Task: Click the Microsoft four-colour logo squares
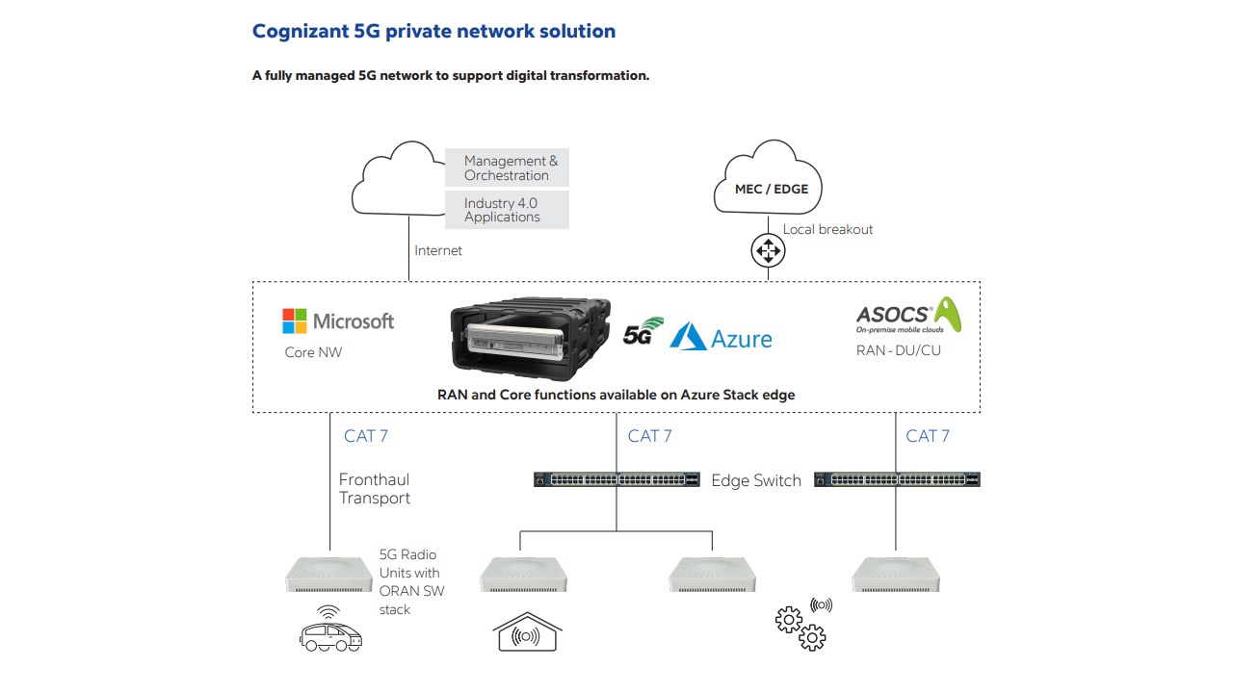[294, 321]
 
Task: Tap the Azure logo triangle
[688, 336]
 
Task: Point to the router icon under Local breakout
[768, 252]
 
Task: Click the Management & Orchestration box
[508, 168]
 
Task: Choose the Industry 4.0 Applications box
[508, 210]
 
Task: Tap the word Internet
[438, 250]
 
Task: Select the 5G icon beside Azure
[643, 331]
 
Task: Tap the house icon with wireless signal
[527, 633]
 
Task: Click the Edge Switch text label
[756, 480]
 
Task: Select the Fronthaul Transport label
[374, 489]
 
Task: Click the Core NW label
[313, 352]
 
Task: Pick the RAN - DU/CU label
[898, 350]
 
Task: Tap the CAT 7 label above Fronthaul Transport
[366, 436]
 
